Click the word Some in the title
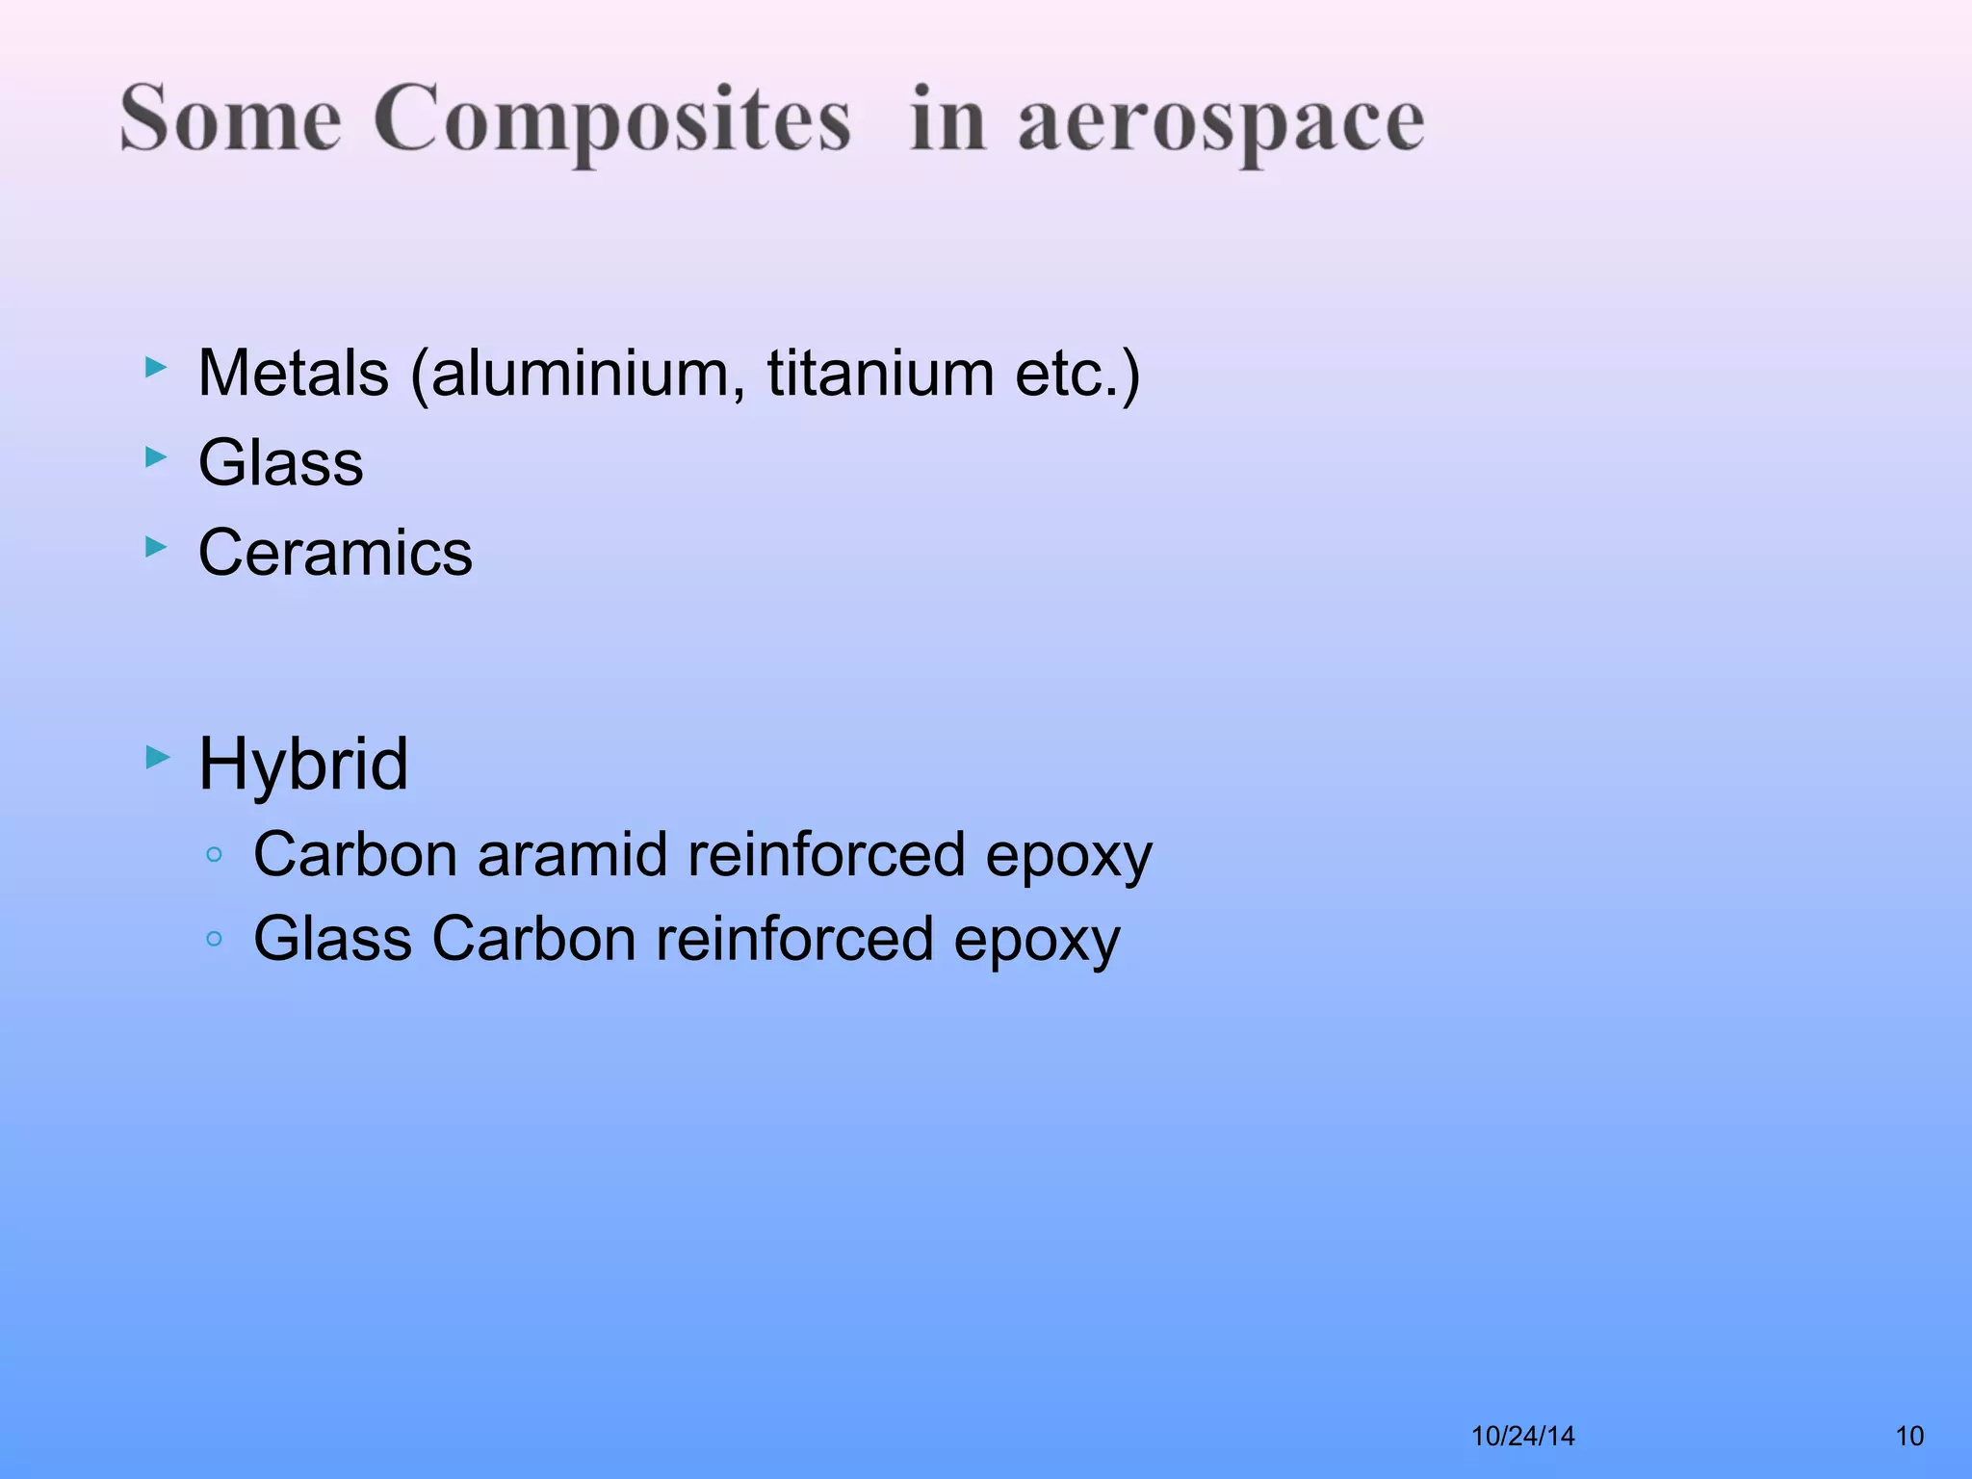tap(230, 119)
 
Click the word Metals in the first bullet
tap(294, 373)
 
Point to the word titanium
tap(880, 373)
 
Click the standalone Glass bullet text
tap(281, 462)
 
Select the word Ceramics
tap(335, 553)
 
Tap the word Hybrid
tap(303, 764)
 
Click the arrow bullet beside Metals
tap(156, 367)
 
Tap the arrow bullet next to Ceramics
tap(156, 547)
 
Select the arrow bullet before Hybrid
tap(157, 758)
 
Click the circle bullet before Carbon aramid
tap(215, 854)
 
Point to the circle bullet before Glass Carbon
tap(215, 939)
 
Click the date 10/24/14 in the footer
tap(1522, 1436)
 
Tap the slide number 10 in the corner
tap(1909, 1436)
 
